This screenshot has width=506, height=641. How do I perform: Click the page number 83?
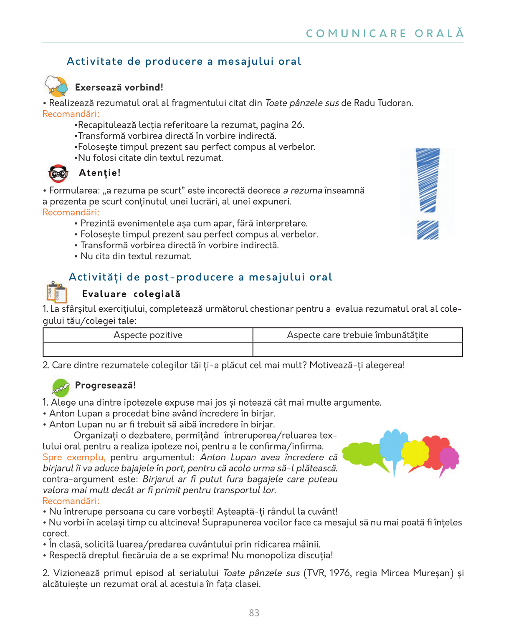[254, 613]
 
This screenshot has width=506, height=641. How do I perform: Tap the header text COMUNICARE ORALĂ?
[385, 33]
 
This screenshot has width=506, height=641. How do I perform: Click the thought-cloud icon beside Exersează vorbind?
[56, 86]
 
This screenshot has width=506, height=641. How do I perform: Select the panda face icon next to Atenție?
[58, 173]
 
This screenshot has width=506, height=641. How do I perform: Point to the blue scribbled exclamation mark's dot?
[428, 230]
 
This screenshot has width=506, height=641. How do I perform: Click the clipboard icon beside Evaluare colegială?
[57, 292]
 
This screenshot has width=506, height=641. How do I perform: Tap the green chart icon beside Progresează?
[61, 387]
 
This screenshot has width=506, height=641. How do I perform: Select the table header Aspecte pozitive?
[148, 335]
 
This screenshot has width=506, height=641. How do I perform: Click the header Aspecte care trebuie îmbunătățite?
[357, 335]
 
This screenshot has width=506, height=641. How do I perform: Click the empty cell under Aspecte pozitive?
[148, 349]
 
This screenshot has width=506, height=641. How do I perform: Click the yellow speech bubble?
[415, 454]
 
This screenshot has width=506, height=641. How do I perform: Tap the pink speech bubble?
[449, 459]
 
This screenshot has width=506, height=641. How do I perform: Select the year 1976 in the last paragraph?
[340, 573]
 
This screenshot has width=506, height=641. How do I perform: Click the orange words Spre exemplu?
[74, 457]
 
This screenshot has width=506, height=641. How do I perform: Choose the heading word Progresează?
[105, 385]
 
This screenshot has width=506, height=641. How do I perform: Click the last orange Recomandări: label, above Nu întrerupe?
[71, 501]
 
